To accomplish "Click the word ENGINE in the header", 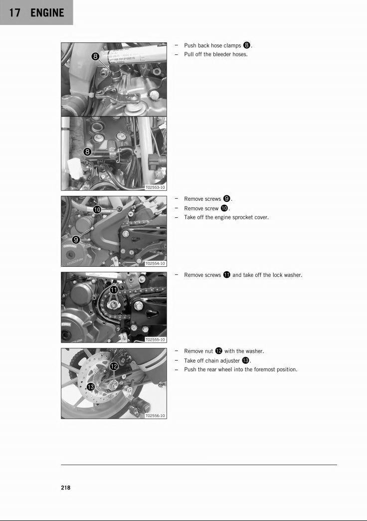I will coord(47,13).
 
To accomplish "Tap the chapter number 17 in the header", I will coord(14,13).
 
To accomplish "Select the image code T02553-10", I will coord(155,187).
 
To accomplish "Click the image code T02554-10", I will coord(155,263).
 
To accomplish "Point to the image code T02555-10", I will coord(155,339).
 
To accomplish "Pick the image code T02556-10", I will coord(155,416).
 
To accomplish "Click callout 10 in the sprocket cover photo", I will coord(98,210).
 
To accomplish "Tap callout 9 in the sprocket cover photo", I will coord(76,239).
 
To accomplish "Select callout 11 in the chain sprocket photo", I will coord(114,290).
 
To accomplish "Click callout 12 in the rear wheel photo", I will coord(114,367).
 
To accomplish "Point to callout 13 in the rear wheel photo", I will coord(91,387).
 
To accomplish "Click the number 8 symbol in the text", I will coord(247,45).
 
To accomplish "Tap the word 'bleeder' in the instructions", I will coord(219,54).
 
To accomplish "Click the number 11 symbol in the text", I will coord(226,275).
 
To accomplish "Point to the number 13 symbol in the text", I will coord(245,361).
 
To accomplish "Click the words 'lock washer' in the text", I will coord(287,275).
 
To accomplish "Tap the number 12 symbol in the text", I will coord(218,351).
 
